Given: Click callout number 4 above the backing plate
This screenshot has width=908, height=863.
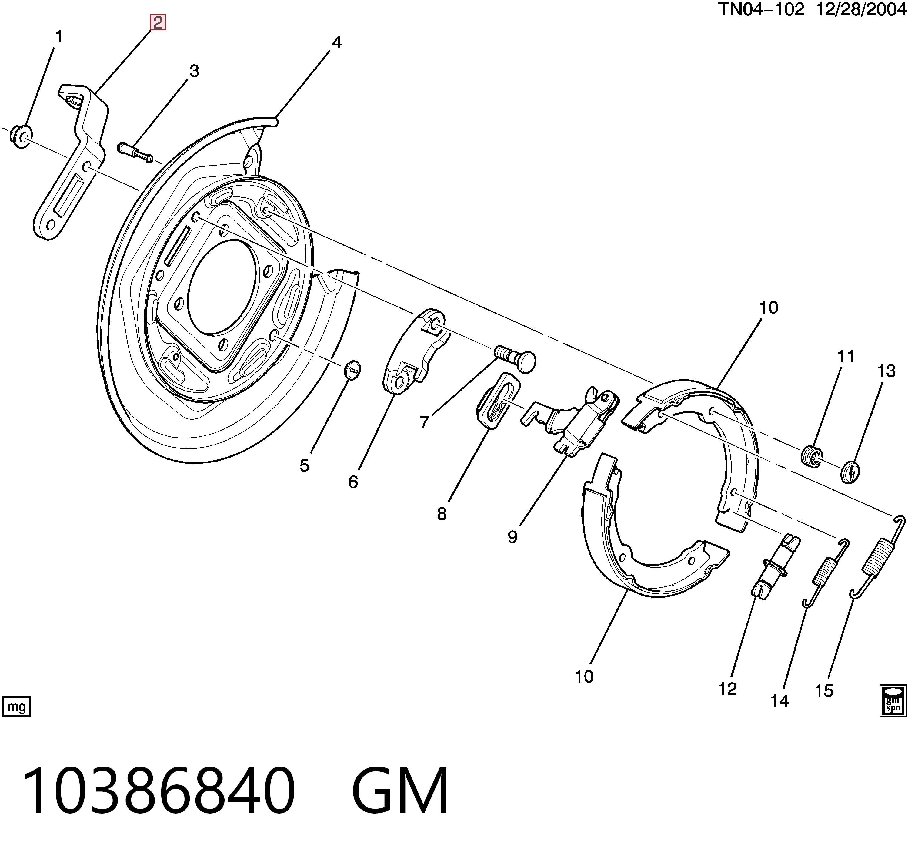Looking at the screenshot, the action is click(336, 43).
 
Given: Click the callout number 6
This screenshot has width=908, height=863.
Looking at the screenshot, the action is click(353, 482).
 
